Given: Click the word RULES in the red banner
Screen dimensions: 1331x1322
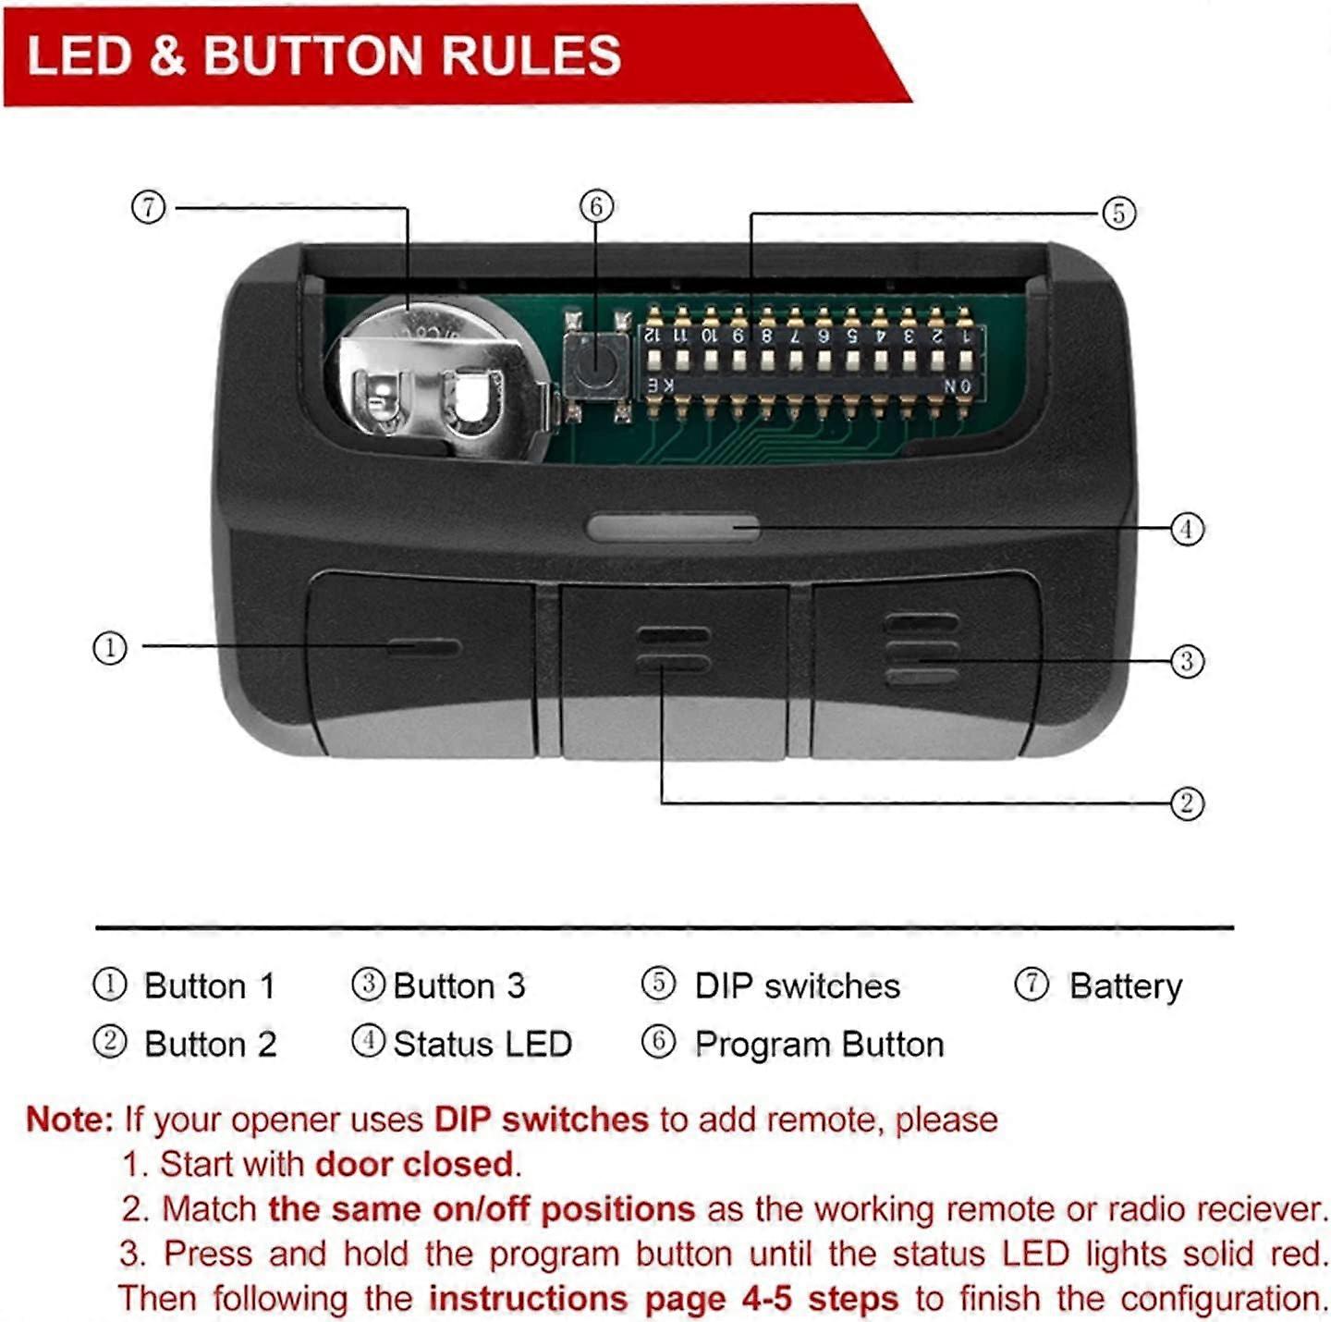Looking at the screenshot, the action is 531,55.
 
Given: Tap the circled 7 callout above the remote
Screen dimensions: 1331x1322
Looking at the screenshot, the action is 149,207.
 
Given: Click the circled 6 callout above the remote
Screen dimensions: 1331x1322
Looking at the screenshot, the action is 597,206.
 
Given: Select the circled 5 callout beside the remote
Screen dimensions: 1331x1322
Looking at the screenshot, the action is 1119,213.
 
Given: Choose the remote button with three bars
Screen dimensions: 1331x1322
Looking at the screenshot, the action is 925,664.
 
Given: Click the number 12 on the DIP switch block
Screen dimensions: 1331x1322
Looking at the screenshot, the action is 652,335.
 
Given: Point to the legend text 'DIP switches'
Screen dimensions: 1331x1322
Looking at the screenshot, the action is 797,986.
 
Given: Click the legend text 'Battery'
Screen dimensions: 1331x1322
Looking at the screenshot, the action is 1126,986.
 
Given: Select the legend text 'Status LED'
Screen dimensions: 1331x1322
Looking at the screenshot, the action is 482,1044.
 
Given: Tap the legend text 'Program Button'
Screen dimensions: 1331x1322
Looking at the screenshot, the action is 819,1044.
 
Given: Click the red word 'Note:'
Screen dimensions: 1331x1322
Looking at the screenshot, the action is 69,1119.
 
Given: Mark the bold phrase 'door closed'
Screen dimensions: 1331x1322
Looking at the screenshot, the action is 414,1165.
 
